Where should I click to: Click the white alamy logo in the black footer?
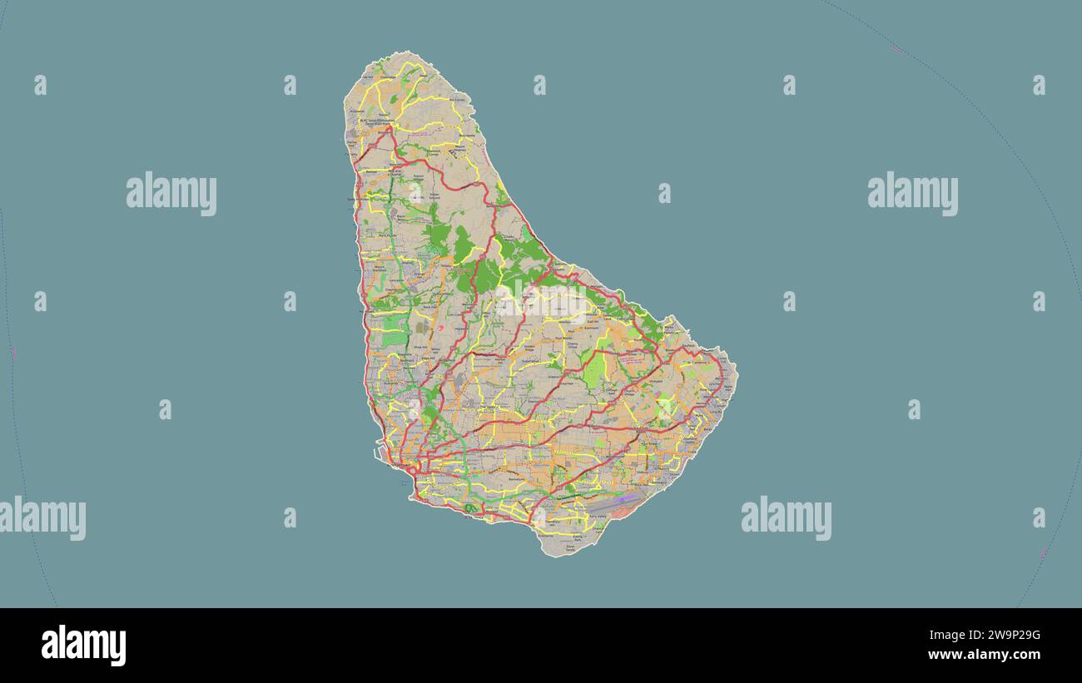click(x=83, y=646)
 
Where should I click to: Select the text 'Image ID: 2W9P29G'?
click(x=990, y=636)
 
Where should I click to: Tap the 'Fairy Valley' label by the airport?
click(x=598, y=517)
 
